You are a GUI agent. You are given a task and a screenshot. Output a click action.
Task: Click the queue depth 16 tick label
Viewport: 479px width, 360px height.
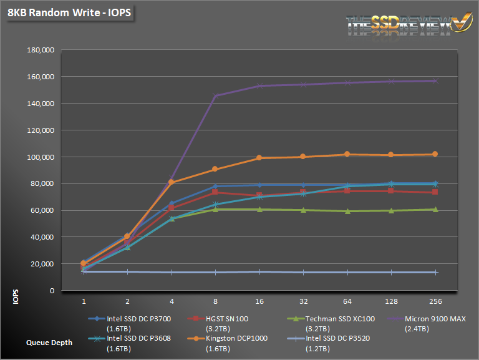[259, 301]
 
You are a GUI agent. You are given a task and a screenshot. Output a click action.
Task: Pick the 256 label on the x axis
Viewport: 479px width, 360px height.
[435, 301]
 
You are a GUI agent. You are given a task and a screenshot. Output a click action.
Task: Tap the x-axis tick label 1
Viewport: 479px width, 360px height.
[84, 301]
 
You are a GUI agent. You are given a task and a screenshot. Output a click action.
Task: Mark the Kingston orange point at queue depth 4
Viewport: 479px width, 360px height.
[172, 182]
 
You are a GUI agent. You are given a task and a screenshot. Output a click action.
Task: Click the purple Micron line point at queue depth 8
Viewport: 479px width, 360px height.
[215, 96]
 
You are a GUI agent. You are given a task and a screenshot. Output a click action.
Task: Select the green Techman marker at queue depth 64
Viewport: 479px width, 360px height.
[347, 212]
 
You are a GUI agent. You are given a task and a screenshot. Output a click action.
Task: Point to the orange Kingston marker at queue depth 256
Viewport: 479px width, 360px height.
[435, 154]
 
